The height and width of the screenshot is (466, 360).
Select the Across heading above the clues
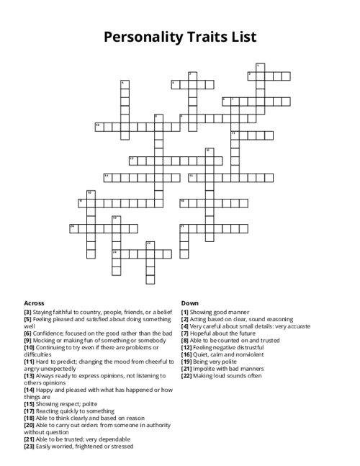point(34,303)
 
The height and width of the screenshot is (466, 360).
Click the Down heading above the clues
point(190,303)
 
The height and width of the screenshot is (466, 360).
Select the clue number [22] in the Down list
point(186,375)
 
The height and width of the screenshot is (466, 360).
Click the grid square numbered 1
point(260,68)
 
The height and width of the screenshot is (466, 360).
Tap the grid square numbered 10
point(99,127)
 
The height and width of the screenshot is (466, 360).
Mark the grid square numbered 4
point(125,85)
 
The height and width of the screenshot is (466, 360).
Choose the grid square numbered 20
point(73,228)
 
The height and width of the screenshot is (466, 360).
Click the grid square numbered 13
point(133,160)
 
